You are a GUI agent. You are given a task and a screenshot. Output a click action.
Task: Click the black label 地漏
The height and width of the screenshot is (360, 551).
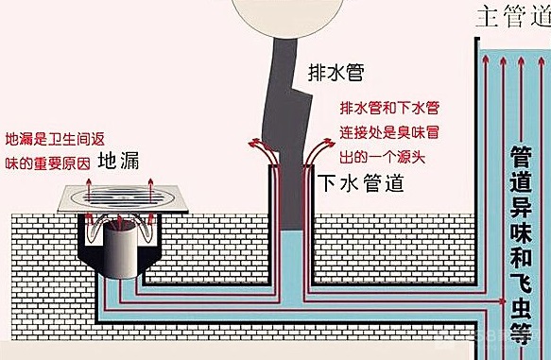[120, 159]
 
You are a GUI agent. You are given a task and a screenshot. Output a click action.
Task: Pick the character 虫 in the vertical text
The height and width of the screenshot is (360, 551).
[520, 309]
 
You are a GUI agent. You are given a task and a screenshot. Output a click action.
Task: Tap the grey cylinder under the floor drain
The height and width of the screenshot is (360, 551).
[121, 248]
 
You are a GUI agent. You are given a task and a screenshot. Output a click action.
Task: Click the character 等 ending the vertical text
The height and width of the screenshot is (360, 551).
[520, 336]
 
